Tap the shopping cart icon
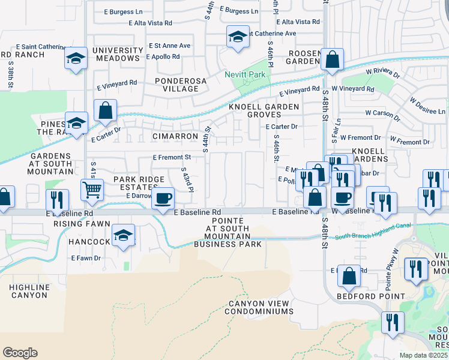click(91, 190)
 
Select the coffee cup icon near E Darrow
click(163, 197)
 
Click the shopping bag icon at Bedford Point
click(349, 275)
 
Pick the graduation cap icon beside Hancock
click(123, 235)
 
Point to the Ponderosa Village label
click(176, 85)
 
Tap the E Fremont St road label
click(172, 157)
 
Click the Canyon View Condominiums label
click(260, 307)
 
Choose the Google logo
click(20, 353)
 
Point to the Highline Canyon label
click(28, 292)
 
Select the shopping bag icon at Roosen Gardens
click(331, 59)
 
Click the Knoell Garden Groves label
click(264, 110)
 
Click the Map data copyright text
click(424, 355)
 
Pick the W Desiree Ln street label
click(425, 112)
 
